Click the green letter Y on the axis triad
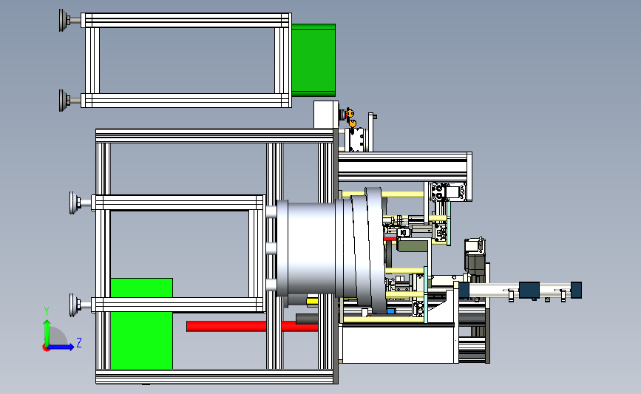pos(47,311)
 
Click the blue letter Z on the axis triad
pos(79,342)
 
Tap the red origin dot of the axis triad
pos(46,348)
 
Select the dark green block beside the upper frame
pos(313,60)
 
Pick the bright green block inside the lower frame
pos(141,324)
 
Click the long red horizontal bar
pos(252,326)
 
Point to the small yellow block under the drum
pos(312,302)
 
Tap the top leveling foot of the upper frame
pos(65,20)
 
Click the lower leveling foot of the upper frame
pos(65,100)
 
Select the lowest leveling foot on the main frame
pos(76,305)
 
